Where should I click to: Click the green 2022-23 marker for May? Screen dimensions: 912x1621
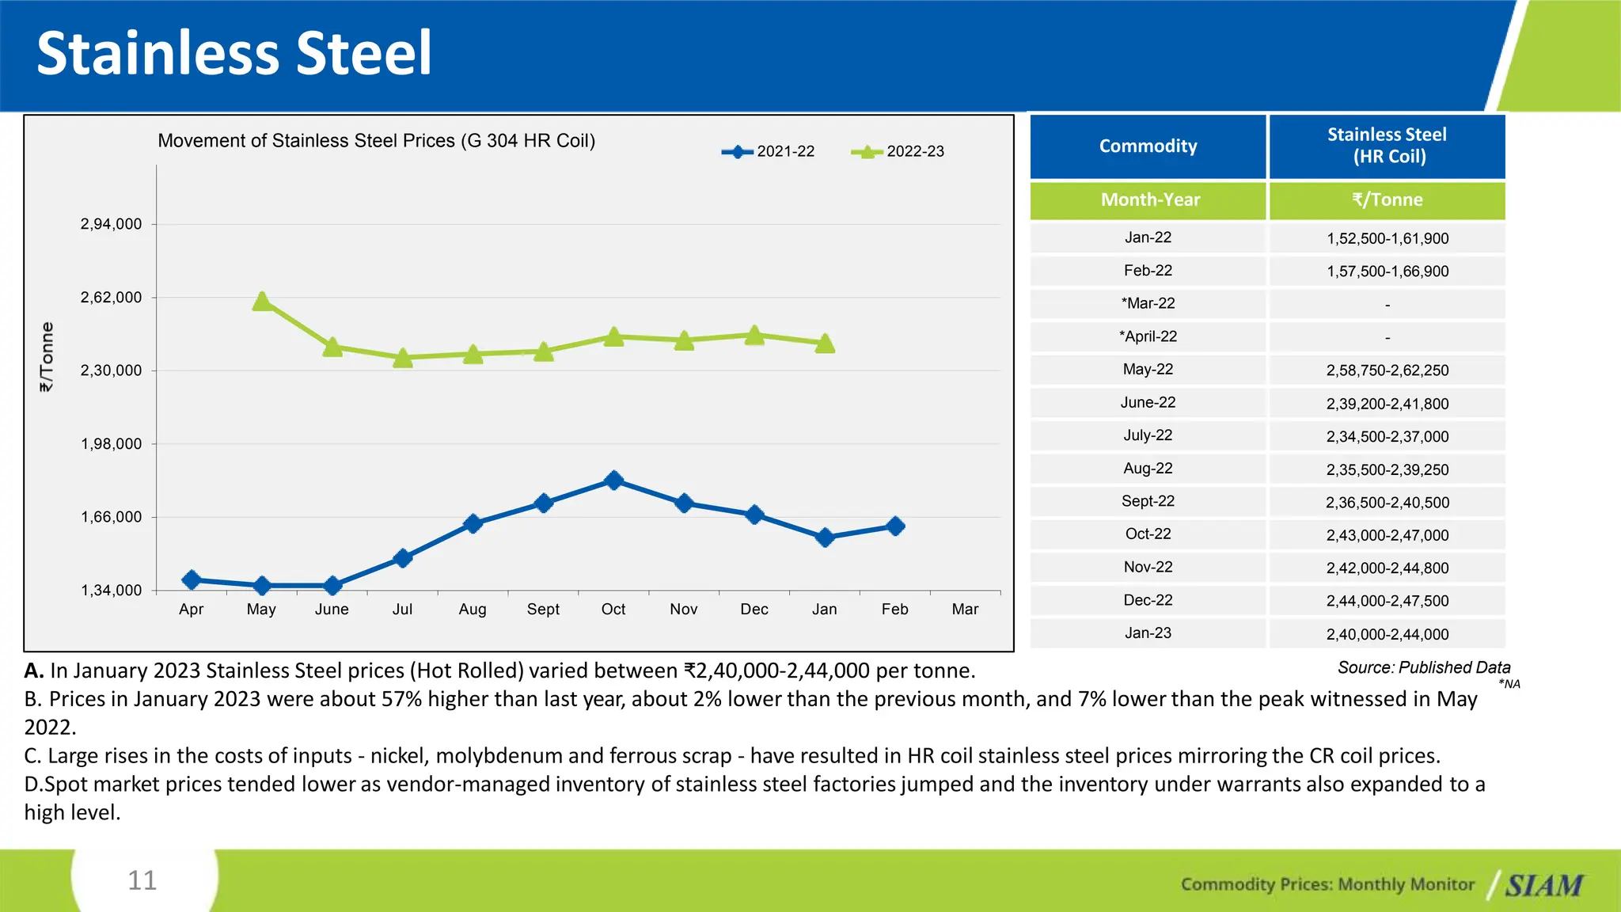[262, 302]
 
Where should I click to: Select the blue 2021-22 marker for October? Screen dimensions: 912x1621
[613, 481]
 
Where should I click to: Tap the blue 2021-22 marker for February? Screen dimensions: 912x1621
[895, 526]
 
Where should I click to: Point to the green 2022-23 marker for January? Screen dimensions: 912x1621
[825, 344]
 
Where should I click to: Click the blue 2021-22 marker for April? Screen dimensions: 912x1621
[192, 580]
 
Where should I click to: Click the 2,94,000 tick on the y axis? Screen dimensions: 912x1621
[112, 224]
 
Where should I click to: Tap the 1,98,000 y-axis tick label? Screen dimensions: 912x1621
[112, 444]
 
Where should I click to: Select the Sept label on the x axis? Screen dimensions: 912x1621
[543, 610]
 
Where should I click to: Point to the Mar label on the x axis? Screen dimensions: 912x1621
[965, 610]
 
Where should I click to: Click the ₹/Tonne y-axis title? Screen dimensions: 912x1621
[47, 356]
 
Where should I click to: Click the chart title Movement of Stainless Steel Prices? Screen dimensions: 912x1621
[376, 141]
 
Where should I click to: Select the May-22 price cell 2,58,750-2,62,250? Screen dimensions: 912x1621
[1387, 370]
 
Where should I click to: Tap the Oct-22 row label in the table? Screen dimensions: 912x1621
[1148, 534]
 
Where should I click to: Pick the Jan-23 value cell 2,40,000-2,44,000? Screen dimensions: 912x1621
[1387, 634]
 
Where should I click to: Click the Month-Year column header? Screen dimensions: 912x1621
[1149, 200]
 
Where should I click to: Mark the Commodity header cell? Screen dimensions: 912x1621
[1148, 146]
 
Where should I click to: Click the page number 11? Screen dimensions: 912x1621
[142, 880]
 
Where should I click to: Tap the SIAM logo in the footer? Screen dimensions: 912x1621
[1543, 885]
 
